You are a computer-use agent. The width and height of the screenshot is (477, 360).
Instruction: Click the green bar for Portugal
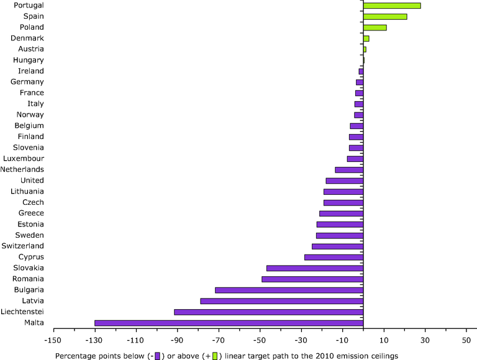392,6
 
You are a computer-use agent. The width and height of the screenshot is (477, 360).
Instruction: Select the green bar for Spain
385,17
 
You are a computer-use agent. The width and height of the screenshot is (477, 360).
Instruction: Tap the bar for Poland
375,27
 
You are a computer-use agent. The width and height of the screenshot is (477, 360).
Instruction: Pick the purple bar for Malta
229,323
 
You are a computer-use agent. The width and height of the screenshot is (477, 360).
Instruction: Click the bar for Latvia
281,301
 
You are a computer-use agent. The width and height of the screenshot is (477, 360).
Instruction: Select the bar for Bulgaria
289,290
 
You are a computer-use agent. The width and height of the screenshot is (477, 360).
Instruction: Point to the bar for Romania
312,279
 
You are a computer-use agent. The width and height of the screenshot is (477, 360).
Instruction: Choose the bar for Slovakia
314,268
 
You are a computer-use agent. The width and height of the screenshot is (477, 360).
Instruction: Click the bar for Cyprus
334,257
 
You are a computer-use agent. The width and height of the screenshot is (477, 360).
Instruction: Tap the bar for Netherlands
349,169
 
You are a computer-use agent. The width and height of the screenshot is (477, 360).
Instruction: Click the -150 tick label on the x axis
53,340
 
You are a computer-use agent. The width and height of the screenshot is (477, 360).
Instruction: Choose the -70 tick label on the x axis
219,340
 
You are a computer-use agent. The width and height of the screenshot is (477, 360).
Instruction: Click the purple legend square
158,356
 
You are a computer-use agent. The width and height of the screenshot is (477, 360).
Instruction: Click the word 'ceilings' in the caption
383,356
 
